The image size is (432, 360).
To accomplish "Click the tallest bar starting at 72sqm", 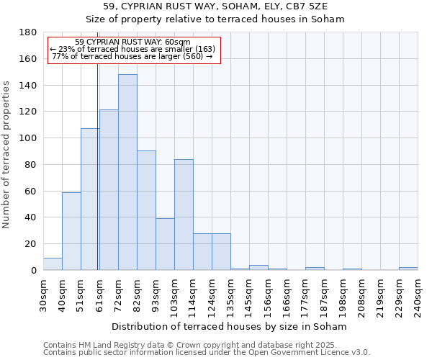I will tap(127, 172).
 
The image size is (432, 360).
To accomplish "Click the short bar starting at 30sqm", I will tap(53, 264).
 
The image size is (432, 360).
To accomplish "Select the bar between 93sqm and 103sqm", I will tap(165, 244).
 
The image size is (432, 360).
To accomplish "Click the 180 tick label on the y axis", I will tap(28, 32).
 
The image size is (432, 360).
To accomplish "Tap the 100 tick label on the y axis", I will tap(28, 138).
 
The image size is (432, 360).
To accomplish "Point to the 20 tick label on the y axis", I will tap(31, 244).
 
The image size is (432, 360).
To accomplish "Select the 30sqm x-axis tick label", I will tap(44, 295).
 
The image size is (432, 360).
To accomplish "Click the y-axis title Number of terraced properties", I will tap(7, 155).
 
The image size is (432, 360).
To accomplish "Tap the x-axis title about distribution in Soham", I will tap(230, 326).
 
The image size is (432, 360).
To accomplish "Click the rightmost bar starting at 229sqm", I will tap(408, 269).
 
